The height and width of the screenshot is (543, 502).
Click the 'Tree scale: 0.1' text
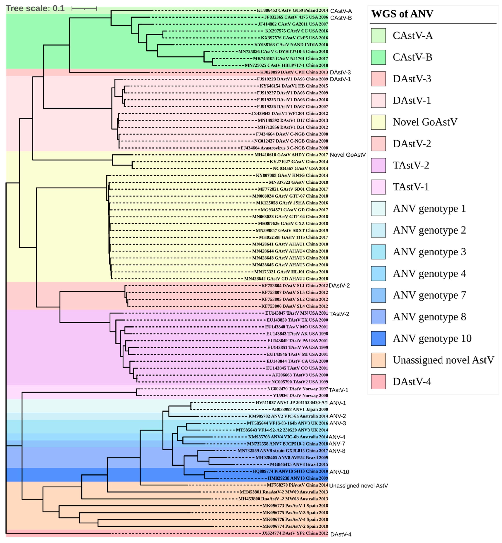click(35, 9)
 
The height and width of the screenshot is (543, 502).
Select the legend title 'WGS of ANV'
click(402, 14)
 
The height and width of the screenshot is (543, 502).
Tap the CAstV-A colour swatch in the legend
click(378, 36)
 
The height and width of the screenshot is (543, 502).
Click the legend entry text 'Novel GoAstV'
click(425, 122)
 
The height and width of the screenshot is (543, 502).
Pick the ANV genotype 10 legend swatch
click(378, 338)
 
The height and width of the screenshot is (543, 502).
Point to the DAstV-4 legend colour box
click(378, 381)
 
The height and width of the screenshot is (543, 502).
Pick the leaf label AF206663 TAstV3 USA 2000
click(300, 375)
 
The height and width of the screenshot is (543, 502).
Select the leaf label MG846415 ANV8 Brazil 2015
click(299, 464)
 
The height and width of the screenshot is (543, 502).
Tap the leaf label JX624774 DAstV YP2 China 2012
click(295, 533)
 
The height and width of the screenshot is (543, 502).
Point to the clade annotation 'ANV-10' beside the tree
click(339, 472)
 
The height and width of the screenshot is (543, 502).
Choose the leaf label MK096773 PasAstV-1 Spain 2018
click(295, 506)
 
